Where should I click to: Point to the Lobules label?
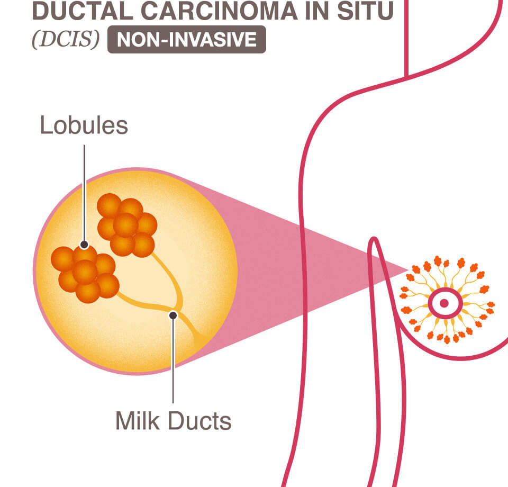click(x=84, y=125)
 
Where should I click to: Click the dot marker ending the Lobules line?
click(x=84, y=245)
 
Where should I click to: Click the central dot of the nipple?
click(x=444, y=303)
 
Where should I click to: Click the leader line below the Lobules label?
click(x=84, y=191)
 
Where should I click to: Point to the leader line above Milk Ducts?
click(x=173, y=365)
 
